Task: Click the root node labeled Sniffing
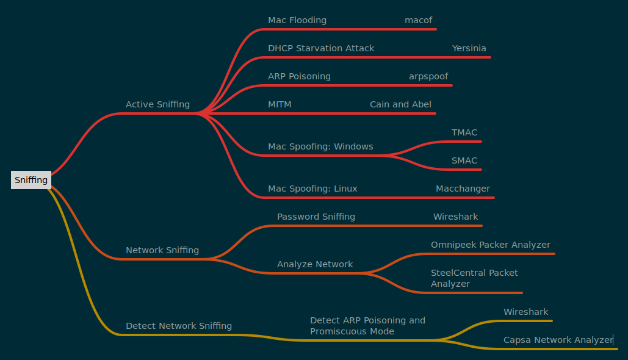pos(31,180)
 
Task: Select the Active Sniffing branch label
pos(157,104)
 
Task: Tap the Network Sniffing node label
pos(162,250)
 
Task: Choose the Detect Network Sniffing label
pos(179,326)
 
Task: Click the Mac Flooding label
pos(297,20)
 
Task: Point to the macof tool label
pos(419,20)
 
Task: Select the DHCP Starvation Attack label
pos(321,48)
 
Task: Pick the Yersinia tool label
pos(469,48)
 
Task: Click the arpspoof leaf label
pos(428,76)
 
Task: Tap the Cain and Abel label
pos(400,104)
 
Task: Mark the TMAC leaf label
pos(464,132)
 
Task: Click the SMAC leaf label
pos(464,160)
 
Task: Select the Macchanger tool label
pos(463,189)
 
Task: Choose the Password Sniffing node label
pos(316,217)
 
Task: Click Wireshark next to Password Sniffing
pos(456,217)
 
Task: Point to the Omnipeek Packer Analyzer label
pos(491,245)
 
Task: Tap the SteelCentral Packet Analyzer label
pos(474,278)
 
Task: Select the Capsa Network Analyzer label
pos(558,340)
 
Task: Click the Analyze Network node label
pos(315,264)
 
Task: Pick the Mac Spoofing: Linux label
pos(312,189)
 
